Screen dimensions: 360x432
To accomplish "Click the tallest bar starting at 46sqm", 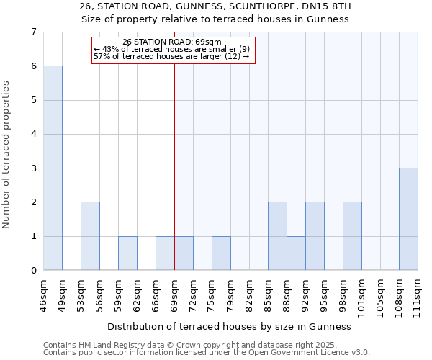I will (x=53, y=168).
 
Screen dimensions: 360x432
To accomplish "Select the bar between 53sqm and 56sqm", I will (x=90, y=236).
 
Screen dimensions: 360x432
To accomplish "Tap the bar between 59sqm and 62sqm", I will (x=127, y=253).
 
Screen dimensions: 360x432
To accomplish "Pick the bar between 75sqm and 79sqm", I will (x=221, y=253).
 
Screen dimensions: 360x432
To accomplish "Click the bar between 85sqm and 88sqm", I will (x=277, y=236).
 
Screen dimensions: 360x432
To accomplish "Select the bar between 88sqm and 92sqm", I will (x=296, y=253).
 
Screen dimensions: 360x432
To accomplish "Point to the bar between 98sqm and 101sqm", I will (x=352, y=236).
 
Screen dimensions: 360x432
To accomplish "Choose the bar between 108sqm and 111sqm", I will (x=408, y=219).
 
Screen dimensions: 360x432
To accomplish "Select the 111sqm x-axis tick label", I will (x=418, y=294).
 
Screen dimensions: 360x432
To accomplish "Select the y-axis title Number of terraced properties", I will (x=7, y=154).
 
